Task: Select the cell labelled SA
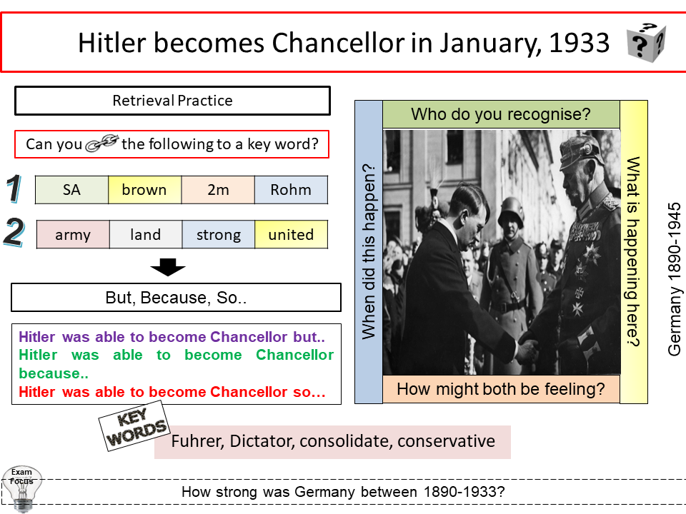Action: pyautogui.click(x=71, y=190)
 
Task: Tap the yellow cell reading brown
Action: pyautogui.click(x=144, y=190)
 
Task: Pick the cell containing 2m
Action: pyautogui.click(x=218, y=190)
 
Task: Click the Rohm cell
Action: pyautogui.click(x=291, y=190)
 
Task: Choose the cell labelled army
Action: pyautogui.click(x=73, y=235)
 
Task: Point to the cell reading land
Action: pyautogui.click(x=146, y=235)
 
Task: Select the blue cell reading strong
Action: pyautogui.click(x=218, y=235)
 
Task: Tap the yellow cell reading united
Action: pyautogui.click(x=291, y=235)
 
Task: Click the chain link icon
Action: pyautogui.click(x=102, y=143)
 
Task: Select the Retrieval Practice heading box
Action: pyautogui.click(x=172, y=101)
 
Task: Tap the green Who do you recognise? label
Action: pyautogui.click(x=501, y=114)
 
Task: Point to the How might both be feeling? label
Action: pyautogui.click(x=500, y=389)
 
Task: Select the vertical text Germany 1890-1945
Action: pyautogui.click(x=675, y=278)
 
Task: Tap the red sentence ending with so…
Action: pyautogui.click(x=172, y=392)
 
